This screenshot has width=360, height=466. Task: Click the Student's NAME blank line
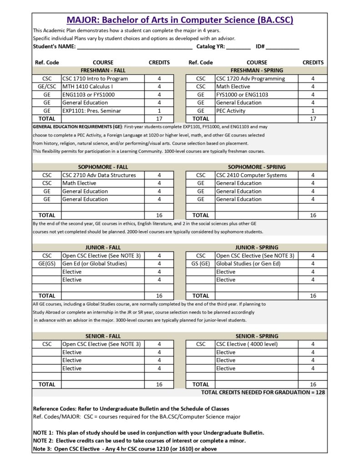tap(134, 47)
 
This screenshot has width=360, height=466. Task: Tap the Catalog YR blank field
tap(238, 47)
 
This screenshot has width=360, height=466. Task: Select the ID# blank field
tap(285, 47)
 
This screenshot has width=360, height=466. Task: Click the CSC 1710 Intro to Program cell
tap(95, 79)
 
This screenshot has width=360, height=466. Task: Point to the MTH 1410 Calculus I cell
tap(87, 86)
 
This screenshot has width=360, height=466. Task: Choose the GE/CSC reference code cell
tap(47, 86)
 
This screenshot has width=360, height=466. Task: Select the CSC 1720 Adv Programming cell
tap(250, 79)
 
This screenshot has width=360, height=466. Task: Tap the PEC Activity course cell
tap(231, 111)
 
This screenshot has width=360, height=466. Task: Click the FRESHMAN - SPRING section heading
tap(257, 71)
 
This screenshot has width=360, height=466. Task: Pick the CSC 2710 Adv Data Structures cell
tap(99, 175)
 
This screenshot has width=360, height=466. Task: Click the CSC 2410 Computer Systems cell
tap(251, 175)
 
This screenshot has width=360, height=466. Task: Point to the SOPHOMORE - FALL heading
tap(103, 167)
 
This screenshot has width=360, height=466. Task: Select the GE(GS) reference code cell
tap(47, 263)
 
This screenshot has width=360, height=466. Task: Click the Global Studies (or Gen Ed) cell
tap(248, 263)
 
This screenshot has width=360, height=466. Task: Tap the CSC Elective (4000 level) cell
tap(247, 344)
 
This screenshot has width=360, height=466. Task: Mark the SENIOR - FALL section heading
tap(103, 336)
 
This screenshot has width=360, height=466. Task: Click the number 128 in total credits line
tap(319, 392)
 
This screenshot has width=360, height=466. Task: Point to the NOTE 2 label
tap(43, 441)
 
